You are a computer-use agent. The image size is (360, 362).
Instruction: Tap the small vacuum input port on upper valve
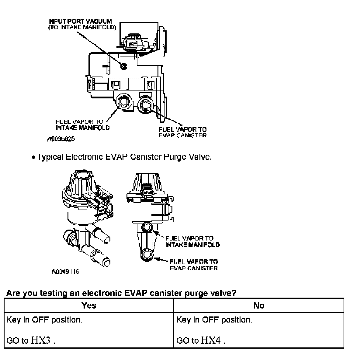click(x=123, y=66)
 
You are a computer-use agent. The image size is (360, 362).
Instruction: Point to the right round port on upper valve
click(x=145, y=104)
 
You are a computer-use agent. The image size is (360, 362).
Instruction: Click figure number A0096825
click(x=61, y=139)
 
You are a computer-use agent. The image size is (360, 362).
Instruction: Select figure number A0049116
click(x=65, y=271)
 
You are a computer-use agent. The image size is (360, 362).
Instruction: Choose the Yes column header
click(x=89, y=305)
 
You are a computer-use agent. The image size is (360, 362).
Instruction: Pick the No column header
click(x=258, y=305)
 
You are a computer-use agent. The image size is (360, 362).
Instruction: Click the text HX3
click(x=40, y=340)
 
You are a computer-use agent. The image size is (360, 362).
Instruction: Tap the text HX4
click(x=211, y=340)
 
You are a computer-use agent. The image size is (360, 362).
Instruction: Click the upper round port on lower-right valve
click(x=147, y=227)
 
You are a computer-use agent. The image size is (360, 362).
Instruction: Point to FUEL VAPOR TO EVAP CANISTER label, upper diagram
click(x=182, y=132)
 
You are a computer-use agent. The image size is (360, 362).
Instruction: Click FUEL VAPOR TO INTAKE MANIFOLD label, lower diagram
click(x=192, y=241)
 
